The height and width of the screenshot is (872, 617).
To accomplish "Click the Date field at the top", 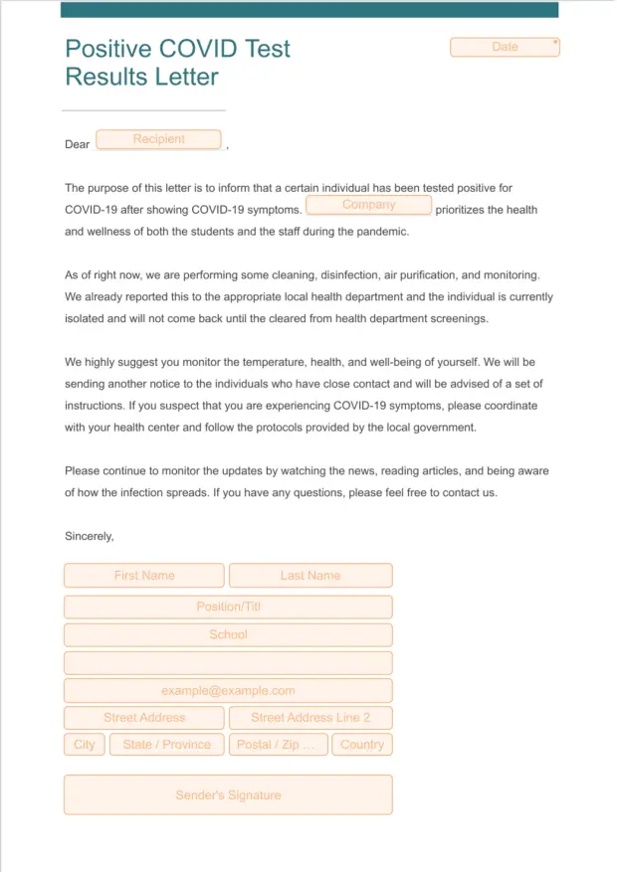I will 505,47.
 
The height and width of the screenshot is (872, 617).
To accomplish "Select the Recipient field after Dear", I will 158,139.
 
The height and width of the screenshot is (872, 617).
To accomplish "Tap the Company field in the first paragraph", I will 368,205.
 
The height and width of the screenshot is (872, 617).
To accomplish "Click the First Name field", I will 144,576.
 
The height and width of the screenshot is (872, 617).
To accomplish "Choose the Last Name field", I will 310,576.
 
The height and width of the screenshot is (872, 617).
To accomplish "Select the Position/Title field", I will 228,607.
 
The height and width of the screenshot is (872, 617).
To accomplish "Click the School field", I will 228,634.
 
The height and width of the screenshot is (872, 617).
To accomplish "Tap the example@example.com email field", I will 228,691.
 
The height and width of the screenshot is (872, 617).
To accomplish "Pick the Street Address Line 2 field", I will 310,718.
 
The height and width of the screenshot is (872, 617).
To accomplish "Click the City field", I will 85,745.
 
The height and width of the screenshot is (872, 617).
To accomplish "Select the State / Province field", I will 167,745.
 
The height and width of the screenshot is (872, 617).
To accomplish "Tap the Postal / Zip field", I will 278,745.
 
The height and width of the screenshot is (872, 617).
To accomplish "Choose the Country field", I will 362,745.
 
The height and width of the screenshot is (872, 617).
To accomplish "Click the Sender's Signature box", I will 228,795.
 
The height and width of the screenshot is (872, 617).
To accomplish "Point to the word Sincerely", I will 90,536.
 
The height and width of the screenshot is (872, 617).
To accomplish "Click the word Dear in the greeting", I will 78,144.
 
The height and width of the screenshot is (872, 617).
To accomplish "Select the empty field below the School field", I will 228,663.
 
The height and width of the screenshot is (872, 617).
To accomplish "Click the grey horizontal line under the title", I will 143,109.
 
